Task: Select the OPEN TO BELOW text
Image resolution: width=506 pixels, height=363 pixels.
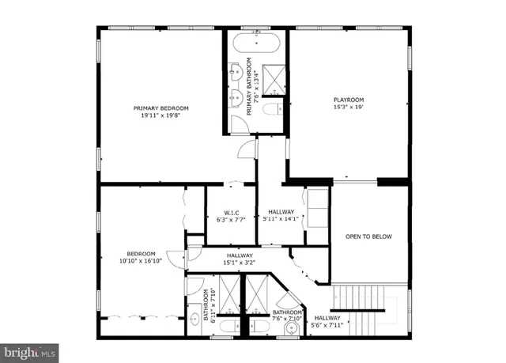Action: coord(369,236)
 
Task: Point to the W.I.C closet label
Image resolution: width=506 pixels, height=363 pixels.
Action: coord(232,212)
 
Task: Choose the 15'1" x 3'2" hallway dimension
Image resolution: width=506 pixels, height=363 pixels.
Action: coord(240,263)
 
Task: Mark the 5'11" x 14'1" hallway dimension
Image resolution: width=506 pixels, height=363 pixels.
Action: coord(281,220)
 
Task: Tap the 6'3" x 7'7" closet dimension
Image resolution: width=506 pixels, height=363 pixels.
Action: coord(232,220)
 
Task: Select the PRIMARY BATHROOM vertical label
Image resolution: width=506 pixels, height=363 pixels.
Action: coord(248,87)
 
